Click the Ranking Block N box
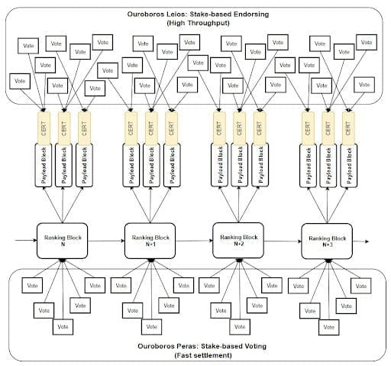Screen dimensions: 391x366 point(63,241)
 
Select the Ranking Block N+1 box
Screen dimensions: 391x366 point(150,241)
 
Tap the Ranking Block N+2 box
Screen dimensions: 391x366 point(238,240)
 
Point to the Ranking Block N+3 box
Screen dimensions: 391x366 point(327,241)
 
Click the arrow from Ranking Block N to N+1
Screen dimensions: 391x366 point(106,241)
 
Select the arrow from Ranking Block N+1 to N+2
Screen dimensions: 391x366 point(194,241)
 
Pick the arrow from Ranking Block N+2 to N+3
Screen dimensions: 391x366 point(283,241)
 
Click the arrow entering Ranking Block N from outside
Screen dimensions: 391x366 point(26,240)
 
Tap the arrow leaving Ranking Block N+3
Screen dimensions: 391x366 point(361,241)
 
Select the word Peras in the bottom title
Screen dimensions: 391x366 point(187,346)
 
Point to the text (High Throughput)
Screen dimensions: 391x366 point(198,23)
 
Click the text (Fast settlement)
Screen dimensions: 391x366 point(203,355)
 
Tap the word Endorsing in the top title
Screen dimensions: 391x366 point(251,15)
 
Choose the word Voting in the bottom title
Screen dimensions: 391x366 point(255,346)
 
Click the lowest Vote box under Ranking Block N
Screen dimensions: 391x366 point(63,327)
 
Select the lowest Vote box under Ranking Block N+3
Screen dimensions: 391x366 point(329,327)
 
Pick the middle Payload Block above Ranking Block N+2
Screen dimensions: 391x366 point(239,165)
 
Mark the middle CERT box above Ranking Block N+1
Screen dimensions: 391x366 point(151,128)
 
